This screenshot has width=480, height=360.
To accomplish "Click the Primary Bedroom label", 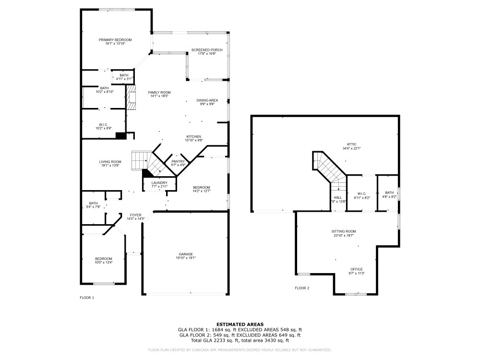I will pos(115,40).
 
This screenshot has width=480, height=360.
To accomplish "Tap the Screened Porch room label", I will pos(206,50).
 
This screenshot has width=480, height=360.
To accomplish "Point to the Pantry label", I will pos(178,161).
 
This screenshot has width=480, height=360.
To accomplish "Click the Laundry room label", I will pos(159,183).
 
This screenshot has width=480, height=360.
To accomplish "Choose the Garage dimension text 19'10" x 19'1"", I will pos(185,258).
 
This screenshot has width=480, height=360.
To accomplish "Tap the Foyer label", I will pos(135,215).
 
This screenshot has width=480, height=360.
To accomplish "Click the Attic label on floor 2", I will pos(352,144).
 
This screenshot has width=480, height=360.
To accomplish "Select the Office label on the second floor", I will pos(356,269).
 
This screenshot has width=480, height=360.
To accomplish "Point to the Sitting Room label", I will pos(344,231).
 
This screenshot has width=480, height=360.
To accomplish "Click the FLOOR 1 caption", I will pos(87,298).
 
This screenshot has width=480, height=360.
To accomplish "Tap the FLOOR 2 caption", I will pos(302,288).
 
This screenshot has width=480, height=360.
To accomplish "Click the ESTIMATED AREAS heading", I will pos(240,324).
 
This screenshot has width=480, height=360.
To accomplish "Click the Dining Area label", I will pos(207,100).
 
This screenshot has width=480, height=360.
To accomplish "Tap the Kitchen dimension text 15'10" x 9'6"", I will pos(194,140).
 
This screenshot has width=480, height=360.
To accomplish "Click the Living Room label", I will pos(110,162).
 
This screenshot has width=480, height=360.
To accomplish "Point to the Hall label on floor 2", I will pos(338,197).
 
